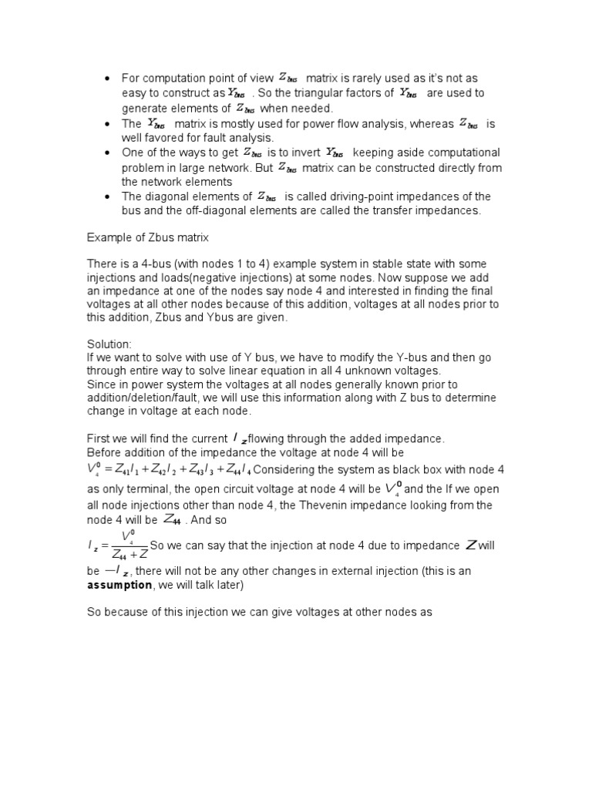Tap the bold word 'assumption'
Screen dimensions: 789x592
coord(120,586)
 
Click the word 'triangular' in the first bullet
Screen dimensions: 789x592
coord(337,93)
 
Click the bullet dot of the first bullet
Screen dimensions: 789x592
coord(105,79)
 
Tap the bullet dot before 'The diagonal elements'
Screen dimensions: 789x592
coord(105,197)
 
